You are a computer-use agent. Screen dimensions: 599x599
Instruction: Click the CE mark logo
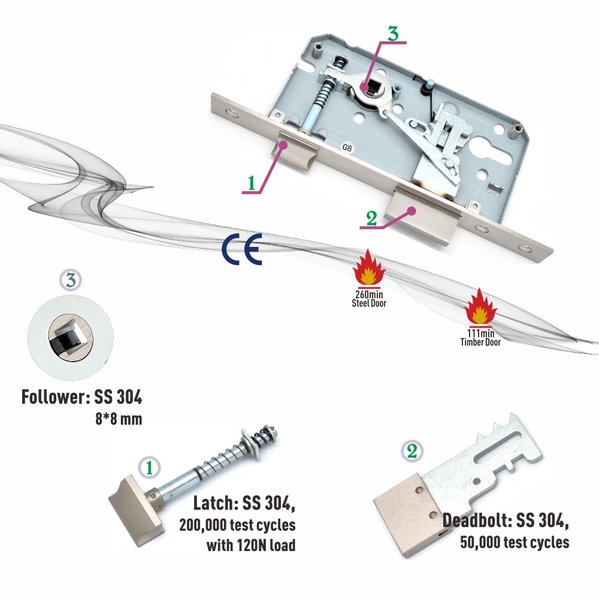tap(242, 249)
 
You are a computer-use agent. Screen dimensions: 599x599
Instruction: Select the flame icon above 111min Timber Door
tap(480, 306)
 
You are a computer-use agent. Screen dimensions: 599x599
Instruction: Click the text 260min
tap(369, 295)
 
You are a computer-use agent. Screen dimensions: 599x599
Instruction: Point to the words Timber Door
tap(480, 342)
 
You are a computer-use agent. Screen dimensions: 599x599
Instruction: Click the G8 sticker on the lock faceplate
tap(347, 148)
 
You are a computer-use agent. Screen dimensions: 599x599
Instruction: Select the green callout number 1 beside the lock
tap(252, 183)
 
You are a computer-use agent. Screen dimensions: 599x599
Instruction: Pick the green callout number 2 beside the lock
tap(371, 219)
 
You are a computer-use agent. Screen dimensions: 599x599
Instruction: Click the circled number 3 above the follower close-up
tap(71, 280)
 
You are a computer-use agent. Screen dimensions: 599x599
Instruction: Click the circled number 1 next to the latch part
tap(149, 468)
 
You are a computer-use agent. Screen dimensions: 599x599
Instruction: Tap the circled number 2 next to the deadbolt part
tap(412, 451)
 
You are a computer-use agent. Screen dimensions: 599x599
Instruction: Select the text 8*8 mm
tap(119, 419)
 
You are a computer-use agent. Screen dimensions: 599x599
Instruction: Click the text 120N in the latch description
tap(252, 545)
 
